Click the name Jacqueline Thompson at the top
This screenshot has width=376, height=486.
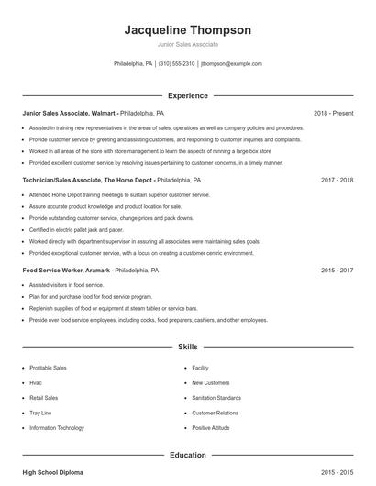click(187, 30)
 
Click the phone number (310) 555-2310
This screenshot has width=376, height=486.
click(177, 64)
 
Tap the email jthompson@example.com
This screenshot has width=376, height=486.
click(232, 64)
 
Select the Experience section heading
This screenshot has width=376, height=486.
click(188, 95)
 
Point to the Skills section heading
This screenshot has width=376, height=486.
click(188, 348)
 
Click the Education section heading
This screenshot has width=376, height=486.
click(188, 455)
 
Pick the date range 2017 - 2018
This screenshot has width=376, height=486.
click(337, 181)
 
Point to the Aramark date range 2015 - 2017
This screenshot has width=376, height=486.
click(337, 271)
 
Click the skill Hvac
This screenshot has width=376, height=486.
click(36, 383)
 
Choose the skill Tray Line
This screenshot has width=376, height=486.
click(41, 414)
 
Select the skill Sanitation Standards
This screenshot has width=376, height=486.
click(216, 398)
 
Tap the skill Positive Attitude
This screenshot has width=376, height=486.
click(211, 428)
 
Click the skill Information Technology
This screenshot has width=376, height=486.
click(57, 428)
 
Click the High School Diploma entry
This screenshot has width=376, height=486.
click(52, 472)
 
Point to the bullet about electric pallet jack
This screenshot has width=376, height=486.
click(76, 230)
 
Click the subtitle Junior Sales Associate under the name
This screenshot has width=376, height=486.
click(187, 44)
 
